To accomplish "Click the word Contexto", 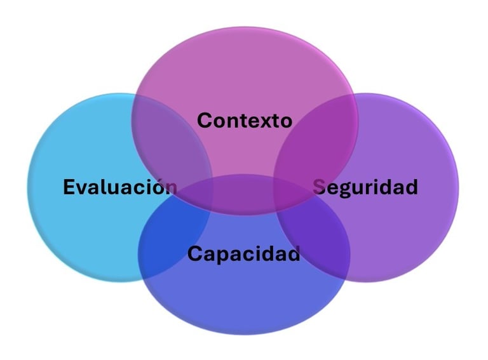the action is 244,120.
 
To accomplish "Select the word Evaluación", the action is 120,187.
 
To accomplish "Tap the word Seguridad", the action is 365,187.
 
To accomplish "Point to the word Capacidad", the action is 243,254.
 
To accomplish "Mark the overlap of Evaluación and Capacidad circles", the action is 175,235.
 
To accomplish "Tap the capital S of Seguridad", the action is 320,187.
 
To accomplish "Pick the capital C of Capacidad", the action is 194,254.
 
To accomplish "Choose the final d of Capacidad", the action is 293,254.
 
